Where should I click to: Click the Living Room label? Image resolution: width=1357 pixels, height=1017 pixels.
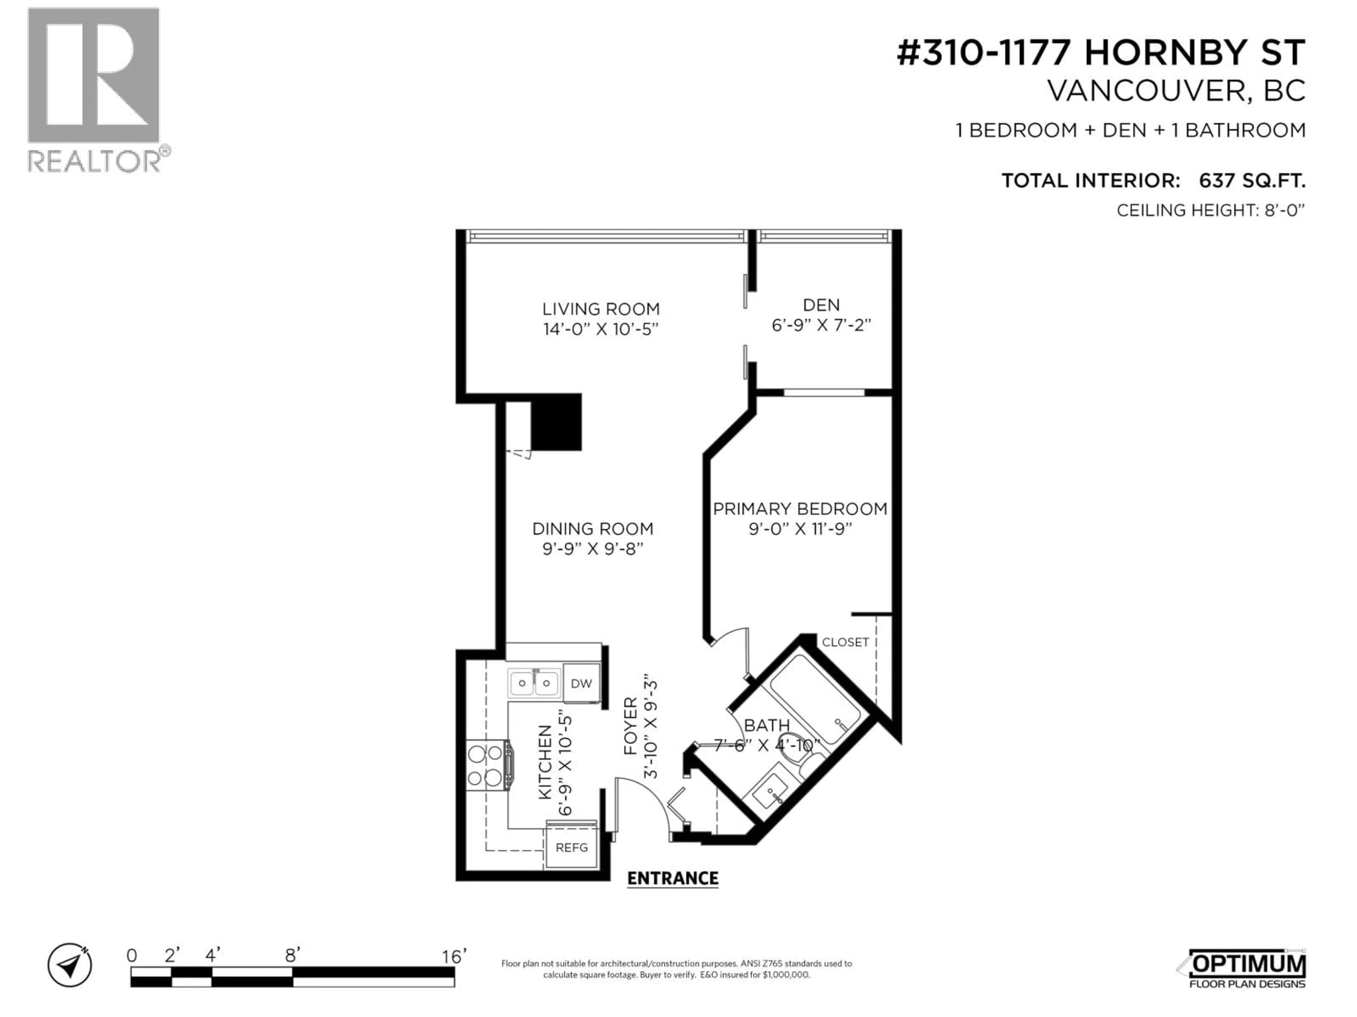click(601, 309)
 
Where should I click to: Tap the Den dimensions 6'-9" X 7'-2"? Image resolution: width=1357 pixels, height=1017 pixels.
click(821, 325)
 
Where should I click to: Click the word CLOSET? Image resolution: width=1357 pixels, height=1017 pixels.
click(845, 642)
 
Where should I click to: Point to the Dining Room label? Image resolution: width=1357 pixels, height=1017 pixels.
click(593, 528)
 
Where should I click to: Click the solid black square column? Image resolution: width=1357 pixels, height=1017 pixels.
click(556, 422)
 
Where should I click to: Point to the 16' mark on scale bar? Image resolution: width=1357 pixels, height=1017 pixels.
click(454, 956)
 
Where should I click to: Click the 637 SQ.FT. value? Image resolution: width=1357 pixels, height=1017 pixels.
click(1251, 181)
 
